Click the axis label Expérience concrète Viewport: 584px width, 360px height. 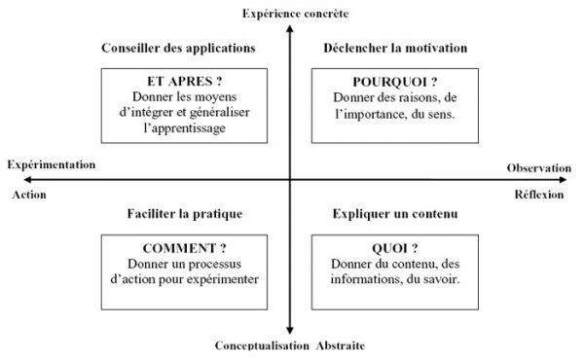click(x=290, y=12)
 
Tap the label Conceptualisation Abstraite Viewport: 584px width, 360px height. click(x=291, y=345)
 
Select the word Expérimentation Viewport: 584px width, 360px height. click(x=51, y=164)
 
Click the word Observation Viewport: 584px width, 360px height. click(x=539, y=168)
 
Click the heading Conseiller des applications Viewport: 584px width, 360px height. click(x=178, y=47)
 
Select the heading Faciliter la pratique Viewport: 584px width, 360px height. click(x=184, y=213)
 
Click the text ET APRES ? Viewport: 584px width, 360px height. click(x=178, y=82)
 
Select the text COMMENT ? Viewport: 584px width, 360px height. click(x=183, y=248)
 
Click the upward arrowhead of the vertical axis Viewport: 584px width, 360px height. click(x=290, y=26)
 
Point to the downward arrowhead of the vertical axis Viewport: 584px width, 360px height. click(x=290, y=331)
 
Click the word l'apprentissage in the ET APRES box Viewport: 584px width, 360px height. click(x=178, y=128)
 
